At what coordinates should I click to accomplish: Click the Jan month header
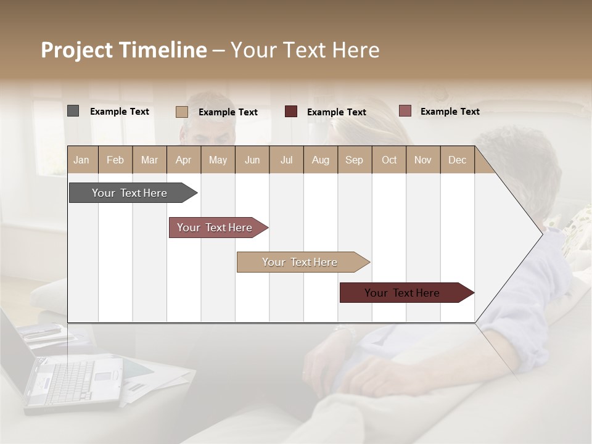pyautogui.click(x=81, y=160)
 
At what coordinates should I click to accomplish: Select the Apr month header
pyautogui.click(x=183, y=160)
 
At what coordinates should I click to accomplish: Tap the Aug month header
pyautogui.click(x=320, y=160)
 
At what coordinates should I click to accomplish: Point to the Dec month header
pyautogui.click(x=457, y=160)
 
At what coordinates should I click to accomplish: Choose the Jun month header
pyautogui.click(x=252, y=160)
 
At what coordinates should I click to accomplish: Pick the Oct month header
pyautogui.click(x=388, y=160)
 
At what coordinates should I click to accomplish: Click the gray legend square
pyautogui.click(x=73, y=111)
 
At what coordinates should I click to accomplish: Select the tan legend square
pyautogui.click(x=181, y=112)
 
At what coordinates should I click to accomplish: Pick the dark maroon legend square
pyautogui.click(x=290, y=111)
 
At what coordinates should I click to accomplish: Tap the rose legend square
pyautogui.click(x=405, y=111)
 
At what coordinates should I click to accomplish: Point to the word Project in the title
pyautogui.click(x=76, y=50)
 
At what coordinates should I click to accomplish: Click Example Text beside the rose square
pyautogui.click(x=450, y=112)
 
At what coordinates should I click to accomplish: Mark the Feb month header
pyautogui.click(x=115, y=160)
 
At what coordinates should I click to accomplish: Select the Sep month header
pyautogui.click(x=354, y=160)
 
